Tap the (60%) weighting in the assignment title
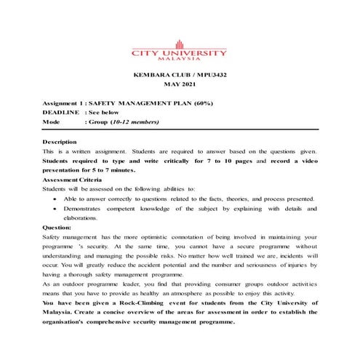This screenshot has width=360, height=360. [201, 104]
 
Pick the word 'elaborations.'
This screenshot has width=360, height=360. [81, 218]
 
